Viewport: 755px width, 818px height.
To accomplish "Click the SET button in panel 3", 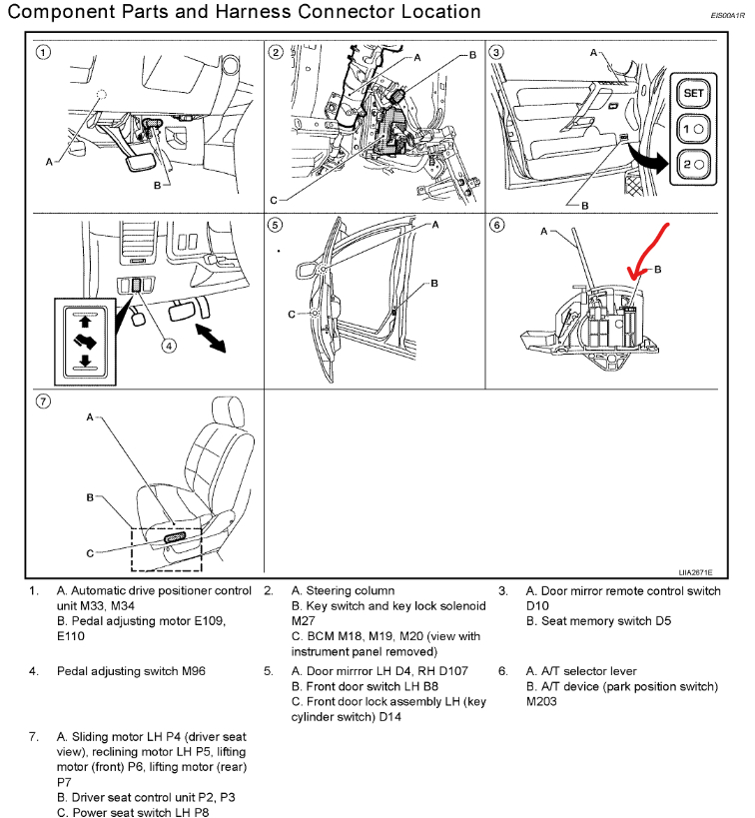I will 692,93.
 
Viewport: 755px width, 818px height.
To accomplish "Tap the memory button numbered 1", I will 692,129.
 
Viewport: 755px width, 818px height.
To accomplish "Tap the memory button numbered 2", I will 692,164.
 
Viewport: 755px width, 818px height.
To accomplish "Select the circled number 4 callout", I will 170,347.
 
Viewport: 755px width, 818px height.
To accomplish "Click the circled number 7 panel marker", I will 42,402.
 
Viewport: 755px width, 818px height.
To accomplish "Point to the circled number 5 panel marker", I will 277,225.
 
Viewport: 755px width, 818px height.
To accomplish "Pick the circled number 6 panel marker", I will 497,225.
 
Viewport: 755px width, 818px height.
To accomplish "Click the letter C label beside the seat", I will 89,552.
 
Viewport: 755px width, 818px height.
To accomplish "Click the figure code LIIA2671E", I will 696,573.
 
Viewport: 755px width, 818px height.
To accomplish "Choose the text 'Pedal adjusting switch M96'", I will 132,671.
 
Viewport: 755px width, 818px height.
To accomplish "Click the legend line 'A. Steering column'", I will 343,591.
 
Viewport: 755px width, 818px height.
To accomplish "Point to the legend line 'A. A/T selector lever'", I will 581,671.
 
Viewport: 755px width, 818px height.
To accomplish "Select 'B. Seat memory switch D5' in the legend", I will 599,621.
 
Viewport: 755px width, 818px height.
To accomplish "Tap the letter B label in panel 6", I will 657,270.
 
